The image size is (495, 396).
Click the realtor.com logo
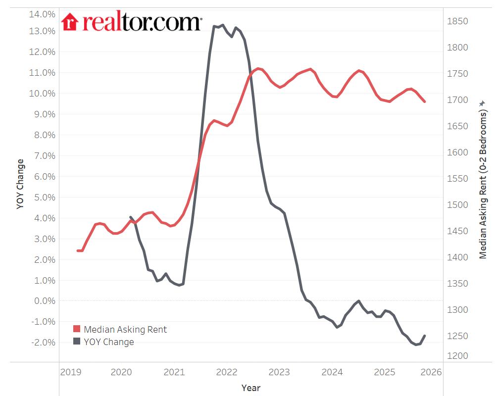click(x=131, y=22)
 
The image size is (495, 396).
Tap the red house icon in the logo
click(x=70, y=22)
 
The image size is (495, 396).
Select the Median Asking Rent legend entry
click(x=125, y=329)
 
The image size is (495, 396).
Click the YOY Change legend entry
click(x=109, y=342)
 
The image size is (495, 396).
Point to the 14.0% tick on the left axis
click(x=42, y=14)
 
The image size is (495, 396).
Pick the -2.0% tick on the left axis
click(x=42, y=342)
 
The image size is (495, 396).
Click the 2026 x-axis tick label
click(x=431, y=372)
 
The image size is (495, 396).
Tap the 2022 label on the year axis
click(x=227, y=372)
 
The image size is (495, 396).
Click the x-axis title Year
click(x=251, y=388)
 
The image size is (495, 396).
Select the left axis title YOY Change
click(x=20, y=184)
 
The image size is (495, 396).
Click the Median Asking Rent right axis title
click(x=483, y=183)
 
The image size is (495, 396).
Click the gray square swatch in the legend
click(x=77, y=342)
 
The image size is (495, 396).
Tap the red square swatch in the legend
click(x=77, y=329)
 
